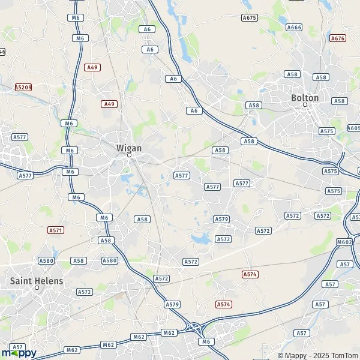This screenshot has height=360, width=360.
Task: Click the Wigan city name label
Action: pos(128,147)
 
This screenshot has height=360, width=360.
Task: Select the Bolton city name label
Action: pos(304,97)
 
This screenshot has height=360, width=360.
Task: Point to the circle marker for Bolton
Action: pos(305,105)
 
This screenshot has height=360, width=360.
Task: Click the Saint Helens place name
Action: pos(36,280)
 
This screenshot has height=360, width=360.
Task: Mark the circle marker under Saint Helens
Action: pos(37,288)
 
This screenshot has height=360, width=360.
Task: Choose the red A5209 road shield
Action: pos(23,87)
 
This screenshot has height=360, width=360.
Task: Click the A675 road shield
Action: pos(249,17)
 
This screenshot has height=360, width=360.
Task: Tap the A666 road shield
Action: pos(294,27)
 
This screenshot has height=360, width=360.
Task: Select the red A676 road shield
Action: pos(338,38)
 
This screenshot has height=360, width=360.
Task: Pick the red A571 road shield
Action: pos(56,230)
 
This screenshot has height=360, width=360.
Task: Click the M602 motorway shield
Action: pos(344,242)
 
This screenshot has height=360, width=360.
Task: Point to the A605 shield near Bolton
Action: pos(355,128)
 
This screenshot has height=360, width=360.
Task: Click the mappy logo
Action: pos(19,352)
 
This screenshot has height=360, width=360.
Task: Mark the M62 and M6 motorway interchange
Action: pos(194,328)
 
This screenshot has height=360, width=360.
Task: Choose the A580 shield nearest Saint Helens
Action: pos(46,261)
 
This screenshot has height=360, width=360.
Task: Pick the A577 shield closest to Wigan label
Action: pos(181,175)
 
